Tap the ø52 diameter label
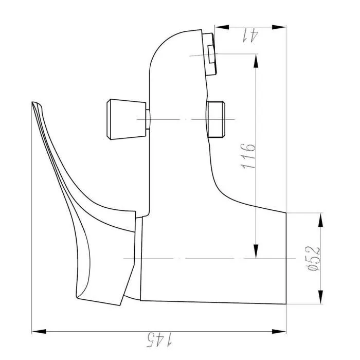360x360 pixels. click(314, 258)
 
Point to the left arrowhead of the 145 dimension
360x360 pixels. click(38, 331)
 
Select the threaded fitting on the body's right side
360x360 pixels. click(215, 119)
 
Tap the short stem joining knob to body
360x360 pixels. click(147, 119)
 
